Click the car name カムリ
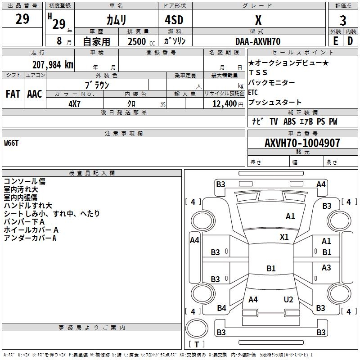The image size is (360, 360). tap(117, 20)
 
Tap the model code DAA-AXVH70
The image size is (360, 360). tap(258, 41)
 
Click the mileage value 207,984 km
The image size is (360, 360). tap(53, 65)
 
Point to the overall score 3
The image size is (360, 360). tap(343, 20)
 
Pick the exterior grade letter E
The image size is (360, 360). tap(336, 41)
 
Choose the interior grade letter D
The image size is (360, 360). tap(350, 41)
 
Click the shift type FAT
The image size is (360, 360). tap(13, 94)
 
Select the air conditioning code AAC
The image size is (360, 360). tap(34, 94)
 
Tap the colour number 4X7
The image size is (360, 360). tap(74, 103)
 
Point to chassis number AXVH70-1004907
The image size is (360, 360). tap(302, 143)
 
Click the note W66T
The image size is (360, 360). tap(12, 143)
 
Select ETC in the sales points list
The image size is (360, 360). tap(253, 92)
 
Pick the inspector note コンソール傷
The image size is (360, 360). tap(24, 181)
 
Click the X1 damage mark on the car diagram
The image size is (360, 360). tap(284, 237)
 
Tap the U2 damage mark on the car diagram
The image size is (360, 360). tap(288, 300)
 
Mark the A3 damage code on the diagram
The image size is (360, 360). tap(326, 268)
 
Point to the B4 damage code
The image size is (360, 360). tap(221, 308)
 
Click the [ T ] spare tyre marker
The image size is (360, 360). tap(196, 344)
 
